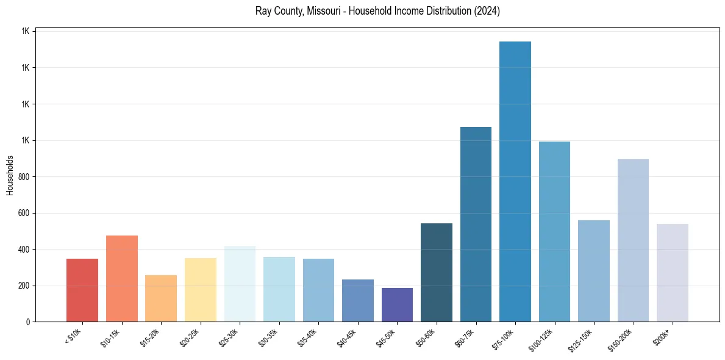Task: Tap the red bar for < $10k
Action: point(82,290)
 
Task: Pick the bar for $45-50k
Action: point(397,305)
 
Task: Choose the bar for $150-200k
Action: point(633,240)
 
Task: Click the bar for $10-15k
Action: point(122,279)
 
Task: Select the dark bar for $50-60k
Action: point(437,273)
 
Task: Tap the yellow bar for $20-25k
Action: point(201,290)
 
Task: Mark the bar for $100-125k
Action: point(554,232)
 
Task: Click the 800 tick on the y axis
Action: point(25,177)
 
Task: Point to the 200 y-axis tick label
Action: point(25,286)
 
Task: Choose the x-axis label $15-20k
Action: point(151,337)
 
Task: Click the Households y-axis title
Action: point(10,175)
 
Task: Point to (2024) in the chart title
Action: point(488,11)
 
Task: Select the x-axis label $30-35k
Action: point(269,337)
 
